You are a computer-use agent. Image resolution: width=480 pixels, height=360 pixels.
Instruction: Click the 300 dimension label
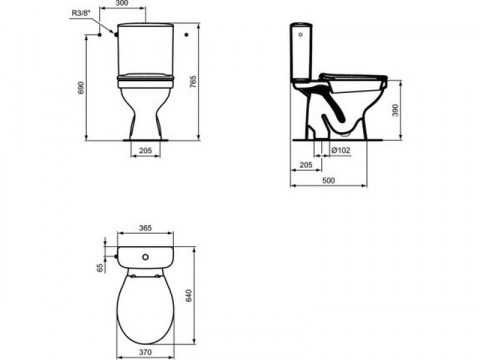click(122, 3)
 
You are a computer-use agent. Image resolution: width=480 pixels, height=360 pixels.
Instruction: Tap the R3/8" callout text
click(81, 13)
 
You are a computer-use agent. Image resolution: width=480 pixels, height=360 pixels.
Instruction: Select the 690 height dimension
click(81, 87)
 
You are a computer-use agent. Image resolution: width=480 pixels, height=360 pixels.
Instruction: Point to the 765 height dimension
click(193, 82)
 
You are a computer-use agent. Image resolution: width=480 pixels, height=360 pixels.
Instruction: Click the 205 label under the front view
click(145, 150)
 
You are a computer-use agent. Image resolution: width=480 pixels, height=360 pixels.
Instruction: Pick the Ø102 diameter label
click(341, 150)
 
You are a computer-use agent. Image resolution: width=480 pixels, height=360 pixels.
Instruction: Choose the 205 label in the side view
click(306, 165)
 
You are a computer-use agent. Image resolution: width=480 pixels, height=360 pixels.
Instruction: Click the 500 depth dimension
click(328, 180)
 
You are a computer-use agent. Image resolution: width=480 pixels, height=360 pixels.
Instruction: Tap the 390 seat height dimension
click(395, 110)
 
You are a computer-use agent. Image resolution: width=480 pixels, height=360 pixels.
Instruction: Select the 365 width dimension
click(145, 228)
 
